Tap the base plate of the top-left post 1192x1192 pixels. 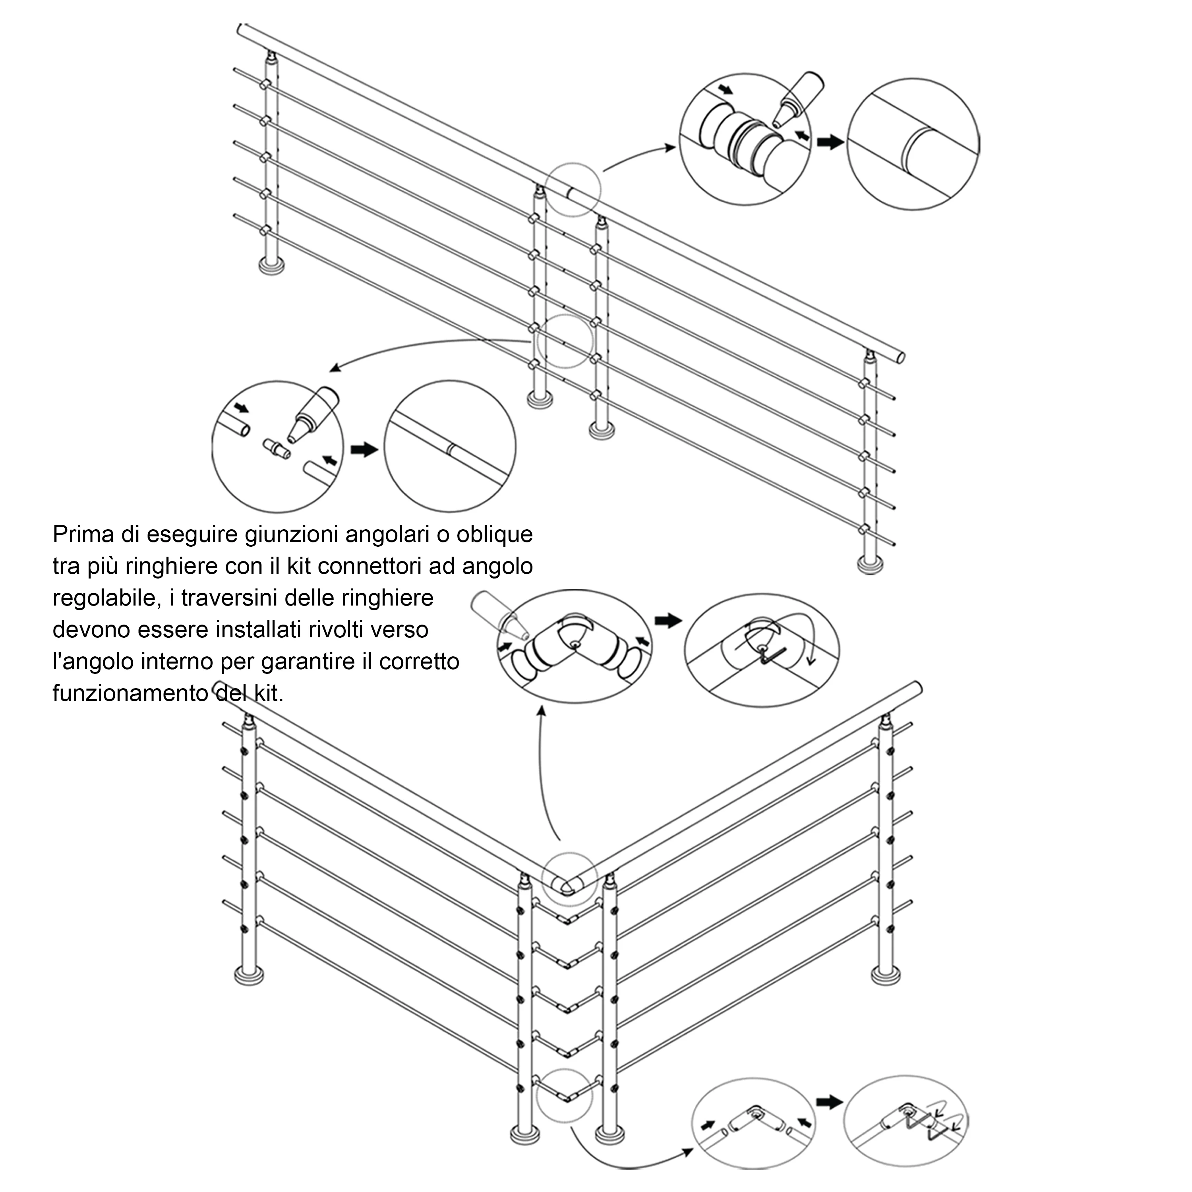pos(271,266)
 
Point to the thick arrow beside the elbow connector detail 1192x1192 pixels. pos(668,621)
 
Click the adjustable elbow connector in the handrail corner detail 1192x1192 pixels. pos(575,650)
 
